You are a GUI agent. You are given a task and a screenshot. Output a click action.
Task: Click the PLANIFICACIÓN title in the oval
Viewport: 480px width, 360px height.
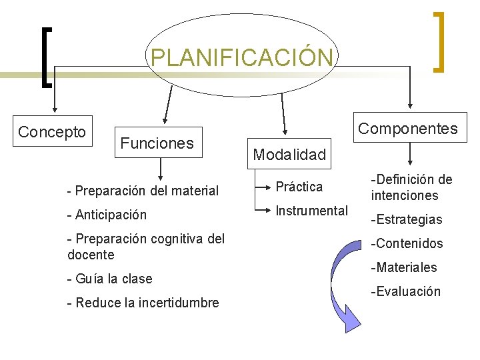[x=241, y=57]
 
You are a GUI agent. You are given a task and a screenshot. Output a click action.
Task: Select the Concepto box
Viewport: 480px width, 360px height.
[x=52, y=132]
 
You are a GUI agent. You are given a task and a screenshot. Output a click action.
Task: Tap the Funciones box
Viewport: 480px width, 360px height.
[x=157, y=143]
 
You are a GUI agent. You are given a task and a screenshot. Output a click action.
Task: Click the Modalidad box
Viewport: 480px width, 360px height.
[x=289, y=155]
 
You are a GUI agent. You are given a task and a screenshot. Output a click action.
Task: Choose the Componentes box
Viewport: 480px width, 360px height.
[x=408, y=128]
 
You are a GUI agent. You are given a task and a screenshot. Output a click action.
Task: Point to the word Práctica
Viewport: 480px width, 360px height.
[x=299, y=187]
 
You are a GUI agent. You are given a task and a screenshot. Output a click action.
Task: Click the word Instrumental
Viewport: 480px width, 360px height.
[x=311, y=211]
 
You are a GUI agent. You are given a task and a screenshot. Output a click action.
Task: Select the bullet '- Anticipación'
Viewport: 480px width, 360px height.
[x=107, y=215]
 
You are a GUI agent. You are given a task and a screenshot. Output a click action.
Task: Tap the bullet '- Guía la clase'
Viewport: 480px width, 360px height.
[x=110, y=279]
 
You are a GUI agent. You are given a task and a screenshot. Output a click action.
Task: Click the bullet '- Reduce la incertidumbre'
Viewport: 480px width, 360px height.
[x=143, y=303]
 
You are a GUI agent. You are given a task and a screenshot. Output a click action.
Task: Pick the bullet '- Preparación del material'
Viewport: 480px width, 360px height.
[x=143, y=191]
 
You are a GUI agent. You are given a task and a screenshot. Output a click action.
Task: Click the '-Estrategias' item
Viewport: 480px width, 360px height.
[x=407, y=219]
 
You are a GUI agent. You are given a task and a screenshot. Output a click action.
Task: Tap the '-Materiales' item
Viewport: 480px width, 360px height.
[x=404, y=267]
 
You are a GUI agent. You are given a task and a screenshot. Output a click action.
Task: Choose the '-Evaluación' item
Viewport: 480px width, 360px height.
[x=405, y=291]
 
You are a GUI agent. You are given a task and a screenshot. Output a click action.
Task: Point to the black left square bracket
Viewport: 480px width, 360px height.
[x=45, y=57]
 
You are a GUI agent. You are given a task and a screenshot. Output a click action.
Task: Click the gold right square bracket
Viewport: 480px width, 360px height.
[x=438, y=41]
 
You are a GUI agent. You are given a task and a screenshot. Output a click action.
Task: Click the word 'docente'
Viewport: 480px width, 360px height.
[x=91, y=255]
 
